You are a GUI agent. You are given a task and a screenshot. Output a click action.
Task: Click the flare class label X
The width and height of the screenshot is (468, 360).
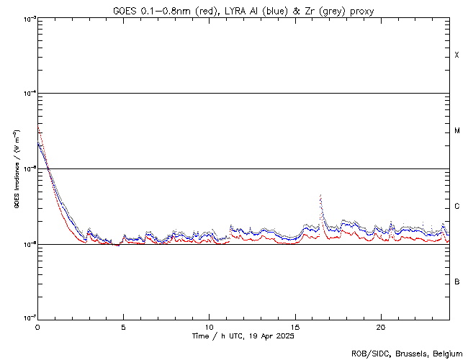[x=456, y=55]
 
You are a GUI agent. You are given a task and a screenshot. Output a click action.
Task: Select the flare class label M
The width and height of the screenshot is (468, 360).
[x=456, y=131]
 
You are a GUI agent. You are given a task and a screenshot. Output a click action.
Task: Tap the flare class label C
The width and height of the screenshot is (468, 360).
[x=456, y=207]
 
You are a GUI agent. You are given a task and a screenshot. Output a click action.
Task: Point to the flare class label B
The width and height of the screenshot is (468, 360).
[x=456, y=282]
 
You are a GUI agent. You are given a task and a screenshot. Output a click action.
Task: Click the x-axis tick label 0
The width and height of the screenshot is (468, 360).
[x=37, y=326]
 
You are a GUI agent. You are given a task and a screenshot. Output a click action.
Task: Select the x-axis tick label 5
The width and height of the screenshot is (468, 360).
[x=123, y=326]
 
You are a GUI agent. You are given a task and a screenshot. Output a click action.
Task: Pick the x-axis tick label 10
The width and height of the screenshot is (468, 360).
[x=209, y=326]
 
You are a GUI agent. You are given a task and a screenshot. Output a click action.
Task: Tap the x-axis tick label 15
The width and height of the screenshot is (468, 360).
[x=295, y=326]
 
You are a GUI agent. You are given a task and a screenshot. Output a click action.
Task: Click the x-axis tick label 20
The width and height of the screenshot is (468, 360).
[x=381, y=326]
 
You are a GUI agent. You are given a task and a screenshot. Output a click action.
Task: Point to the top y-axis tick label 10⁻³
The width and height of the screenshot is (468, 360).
[x=27, y=19]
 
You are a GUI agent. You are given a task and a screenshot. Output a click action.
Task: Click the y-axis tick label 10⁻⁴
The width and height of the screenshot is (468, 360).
[x=27, y=94]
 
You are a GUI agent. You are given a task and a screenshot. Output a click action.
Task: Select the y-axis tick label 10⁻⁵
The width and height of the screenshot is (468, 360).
[x=27, y=169]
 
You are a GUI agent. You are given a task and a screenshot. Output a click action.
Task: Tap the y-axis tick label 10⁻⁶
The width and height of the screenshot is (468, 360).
[x=27, y=244]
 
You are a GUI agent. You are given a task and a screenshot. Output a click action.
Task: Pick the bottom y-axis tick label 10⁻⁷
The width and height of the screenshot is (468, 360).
[x=27, y=318]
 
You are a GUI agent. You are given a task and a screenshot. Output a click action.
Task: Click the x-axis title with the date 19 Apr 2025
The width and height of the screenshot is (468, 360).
[x=243, y=336]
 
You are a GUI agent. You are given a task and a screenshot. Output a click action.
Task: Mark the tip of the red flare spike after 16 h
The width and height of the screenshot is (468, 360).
[x=320, y=195]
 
